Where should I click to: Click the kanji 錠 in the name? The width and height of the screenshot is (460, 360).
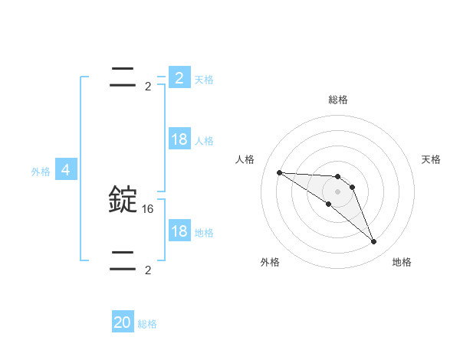tap(123, 199)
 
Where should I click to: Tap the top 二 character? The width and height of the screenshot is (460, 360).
tap(123, 77)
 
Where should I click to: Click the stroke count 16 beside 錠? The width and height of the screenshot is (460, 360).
tap(148, 208)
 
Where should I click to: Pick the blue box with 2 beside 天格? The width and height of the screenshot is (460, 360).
tap(179, 77)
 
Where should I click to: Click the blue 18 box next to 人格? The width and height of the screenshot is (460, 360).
tap(179, 139)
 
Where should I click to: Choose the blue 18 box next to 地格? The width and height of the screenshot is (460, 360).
tap(179, 231)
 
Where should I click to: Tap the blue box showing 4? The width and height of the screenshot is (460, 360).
tap(66, 170)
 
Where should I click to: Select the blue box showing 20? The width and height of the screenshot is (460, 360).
tap(123, 322)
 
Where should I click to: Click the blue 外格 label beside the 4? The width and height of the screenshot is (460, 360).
tap(41, 172)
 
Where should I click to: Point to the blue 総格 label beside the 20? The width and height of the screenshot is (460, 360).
tap(147, 324)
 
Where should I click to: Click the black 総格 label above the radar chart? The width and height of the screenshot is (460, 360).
tap(338, 100)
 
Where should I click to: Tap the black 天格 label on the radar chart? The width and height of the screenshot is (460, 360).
tap(431, 159)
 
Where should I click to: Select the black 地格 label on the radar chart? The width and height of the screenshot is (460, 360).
tap(402, 262)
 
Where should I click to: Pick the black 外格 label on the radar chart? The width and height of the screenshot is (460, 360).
tap(270, 262)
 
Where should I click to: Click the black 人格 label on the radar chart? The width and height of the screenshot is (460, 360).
tap(245, 159)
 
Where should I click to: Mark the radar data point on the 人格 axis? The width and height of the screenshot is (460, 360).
tap(279, 172)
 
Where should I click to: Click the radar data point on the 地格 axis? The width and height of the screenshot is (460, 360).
tap(373, 242)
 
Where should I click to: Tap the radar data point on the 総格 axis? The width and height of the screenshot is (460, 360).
tap(338, 177)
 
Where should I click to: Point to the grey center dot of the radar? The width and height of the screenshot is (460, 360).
tap(338, 191)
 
